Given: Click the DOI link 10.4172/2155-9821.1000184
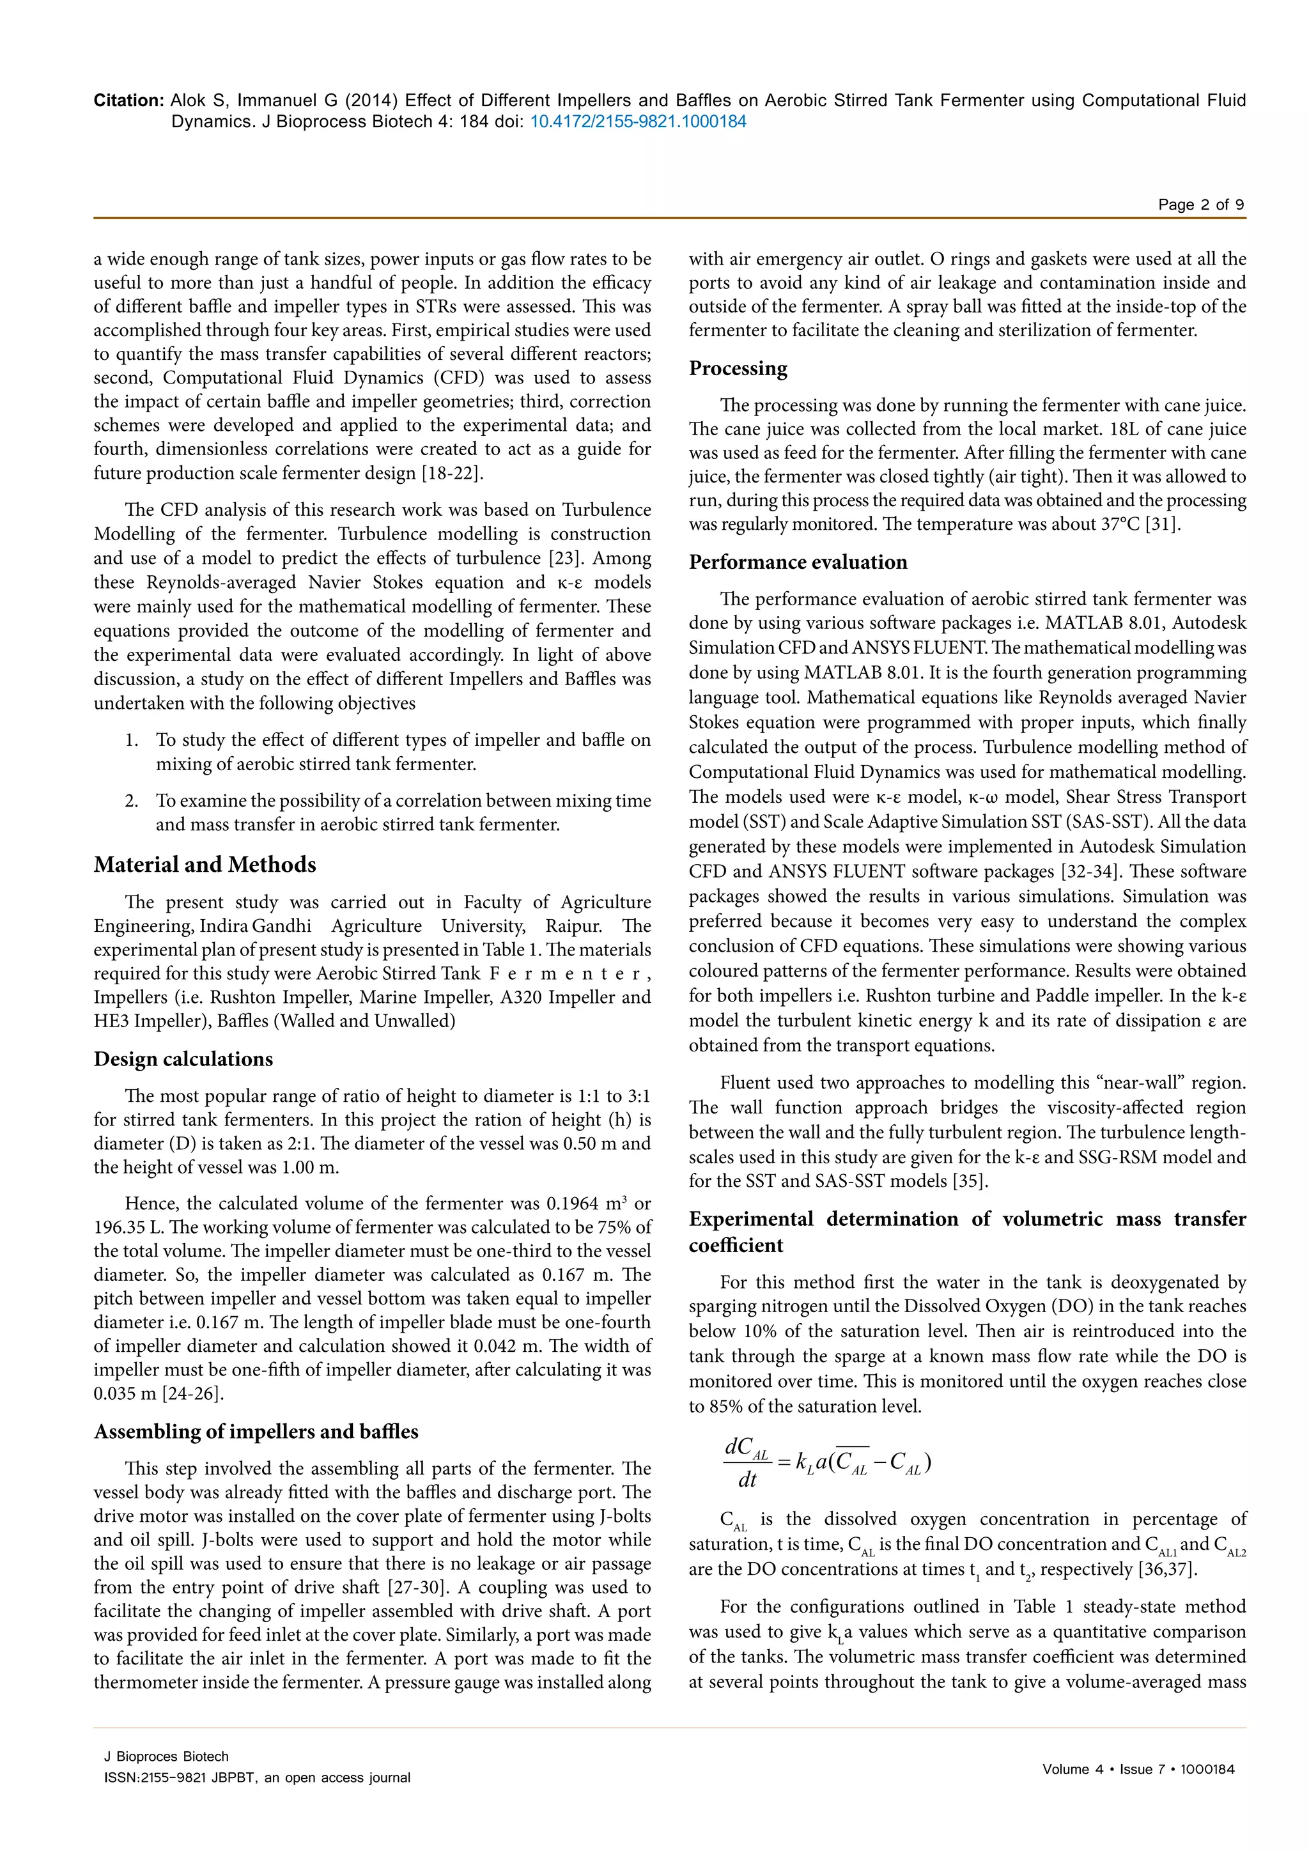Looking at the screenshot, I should [x=638, y=121].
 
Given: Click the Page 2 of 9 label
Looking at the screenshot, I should [x=1200, y=205].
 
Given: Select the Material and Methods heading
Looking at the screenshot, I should [x=205, y=865].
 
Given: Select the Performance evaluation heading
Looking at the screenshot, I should [x=797, y=562].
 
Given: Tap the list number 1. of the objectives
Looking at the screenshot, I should [x=132, y=740].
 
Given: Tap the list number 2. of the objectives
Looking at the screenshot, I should [x=132, y=802].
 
